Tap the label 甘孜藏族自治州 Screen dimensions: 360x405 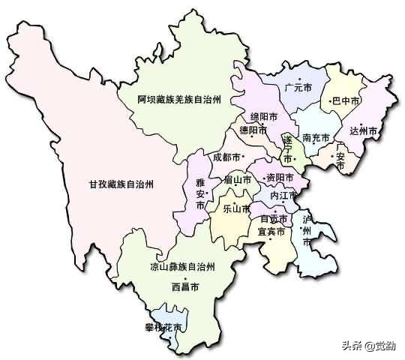coord(121,184)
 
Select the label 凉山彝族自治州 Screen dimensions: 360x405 coord(182,267)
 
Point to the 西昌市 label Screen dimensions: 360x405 coord(185,286)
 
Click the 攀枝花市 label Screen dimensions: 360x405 coord(164,326)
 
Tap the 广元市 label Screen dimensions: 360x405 coord(298,88)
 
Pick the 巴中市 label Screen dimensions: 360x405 coord(346,100)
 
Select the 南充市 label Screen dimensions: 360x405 coord(317,138)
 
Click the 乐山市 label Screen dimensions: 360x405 coord(236,209)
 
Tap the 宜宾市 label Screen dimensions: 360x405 coord(271,232)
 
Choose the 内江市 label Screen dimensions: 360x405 coord(283,195)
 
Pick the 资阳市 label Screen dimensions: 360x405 coord(279,178)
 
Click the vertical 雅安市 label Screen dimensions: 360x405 coord(199,194)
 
